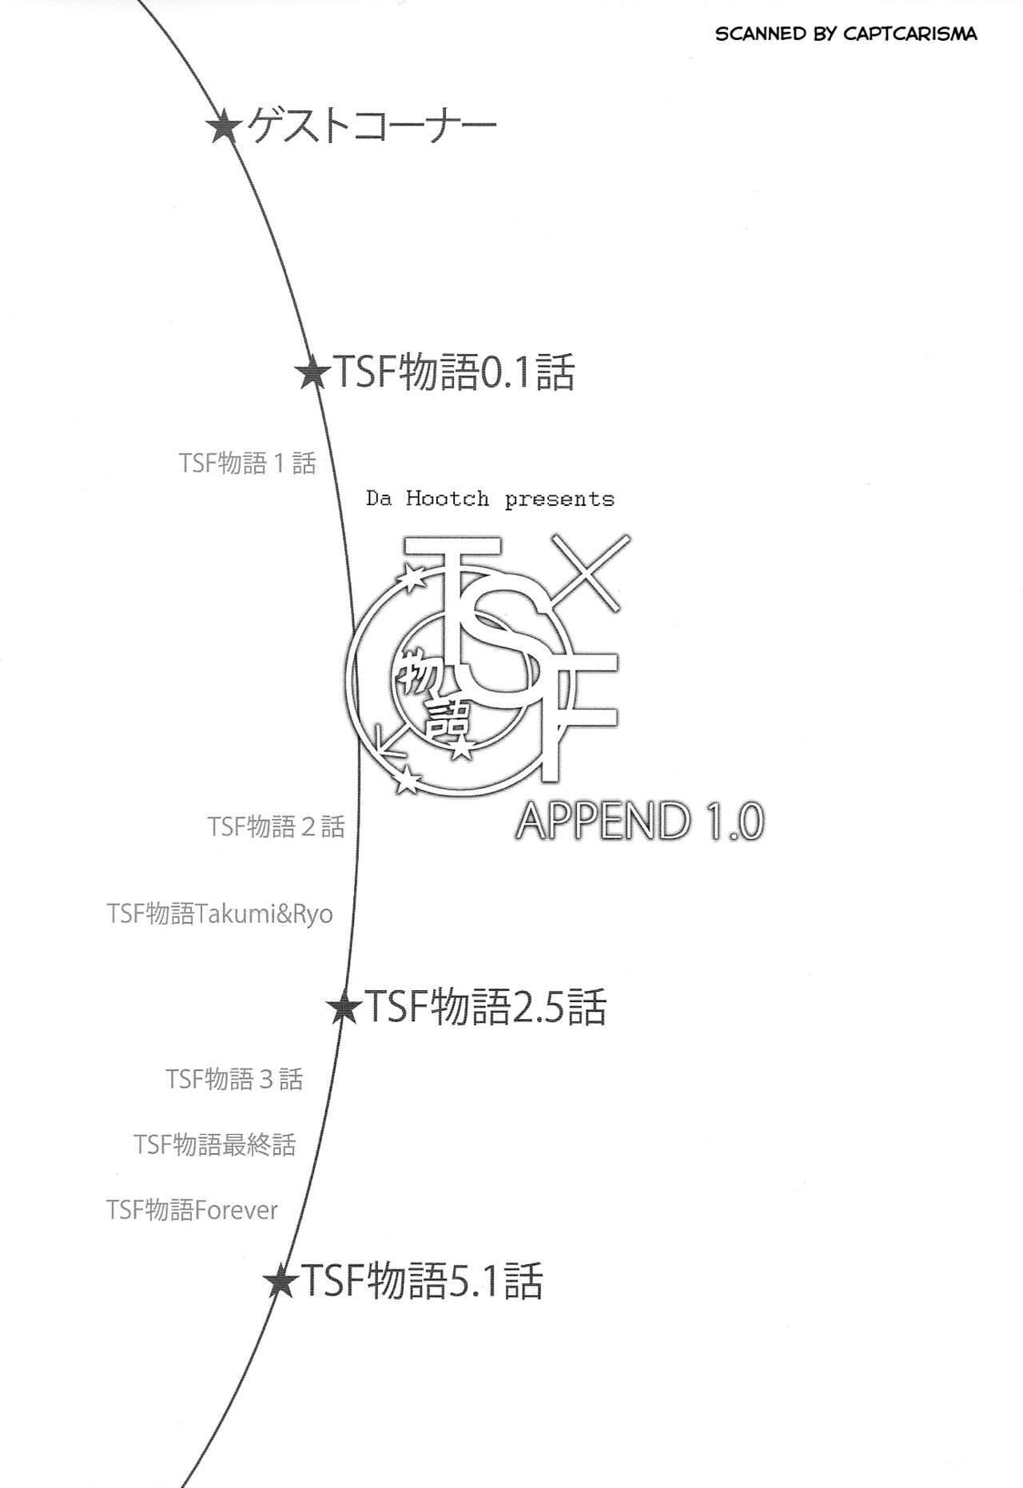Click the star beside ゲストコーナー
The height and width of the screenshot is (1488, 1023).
(224, 126)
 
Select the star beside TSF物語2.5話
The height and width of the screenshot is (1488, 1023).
(344, 1008)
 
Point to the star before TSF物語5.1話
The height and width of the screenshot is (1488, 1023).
(281, 1281)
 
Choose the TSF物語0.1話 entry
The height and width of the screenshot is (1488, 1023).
(452, 372)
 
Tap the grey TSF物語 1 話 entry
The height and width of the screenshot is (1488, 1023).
(248, 463)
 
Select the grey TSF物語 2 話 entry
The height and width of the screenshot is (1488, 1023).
(277, 826)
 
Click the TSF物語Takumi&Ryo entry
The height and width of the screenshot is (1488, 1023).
(220, 913)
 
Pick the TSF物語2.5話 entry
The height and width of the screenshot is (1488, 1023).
(485, 1007)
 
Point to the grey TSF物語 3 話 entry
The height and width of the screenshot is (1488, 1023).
(235, 1079)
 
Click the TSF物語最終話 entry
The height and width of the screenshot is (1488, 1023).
(215, 1144)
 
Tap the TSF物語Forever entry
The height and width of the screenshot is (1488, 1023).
(192, 1210)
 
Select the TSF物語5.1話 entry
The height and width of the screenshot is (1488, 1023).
(421, 1280)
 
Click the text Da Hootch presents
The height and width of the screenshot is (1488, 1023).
(490, 499)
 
